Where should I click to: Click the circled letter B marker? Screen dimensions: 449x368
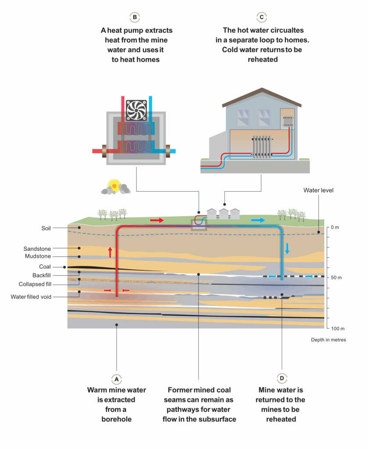pos(135,18)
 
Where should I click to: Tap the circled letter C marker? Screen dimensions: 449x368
pos(262,18)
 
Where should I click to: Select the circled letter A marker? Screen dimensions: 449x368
pos(116,378)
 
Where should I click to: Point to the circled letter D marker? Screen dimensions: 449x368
pos(282,378)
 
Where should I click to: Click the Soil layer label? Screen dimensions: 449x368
pos(46,228)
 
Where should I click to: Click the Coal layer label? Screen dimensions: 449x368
pos(45,267)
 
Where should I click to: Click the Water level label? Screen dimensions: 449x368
pos(318,190)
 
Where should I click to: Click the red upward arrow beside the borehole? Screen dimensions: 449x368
pos(110,252)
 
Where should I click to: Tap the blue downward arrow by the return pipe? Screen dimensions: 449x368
pos(287,248)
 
